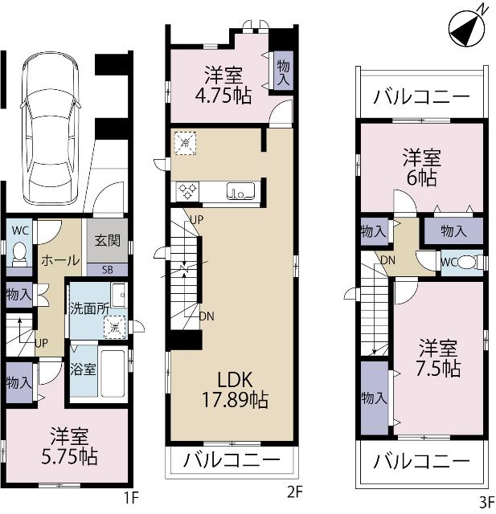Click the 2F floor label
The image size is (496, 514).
(293, 491)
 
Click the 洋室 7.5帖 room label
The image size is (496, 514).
(439, 358)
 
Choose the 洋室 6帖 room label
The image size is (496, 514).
(421, 168)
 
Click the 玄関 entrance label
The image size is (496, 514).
(107, 239)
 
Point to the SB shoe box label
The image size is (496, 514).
(107, 269)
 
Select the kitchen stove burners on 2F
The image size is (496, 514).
(188, 191)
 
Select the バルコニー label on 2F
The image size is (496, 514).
(232, 461)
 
